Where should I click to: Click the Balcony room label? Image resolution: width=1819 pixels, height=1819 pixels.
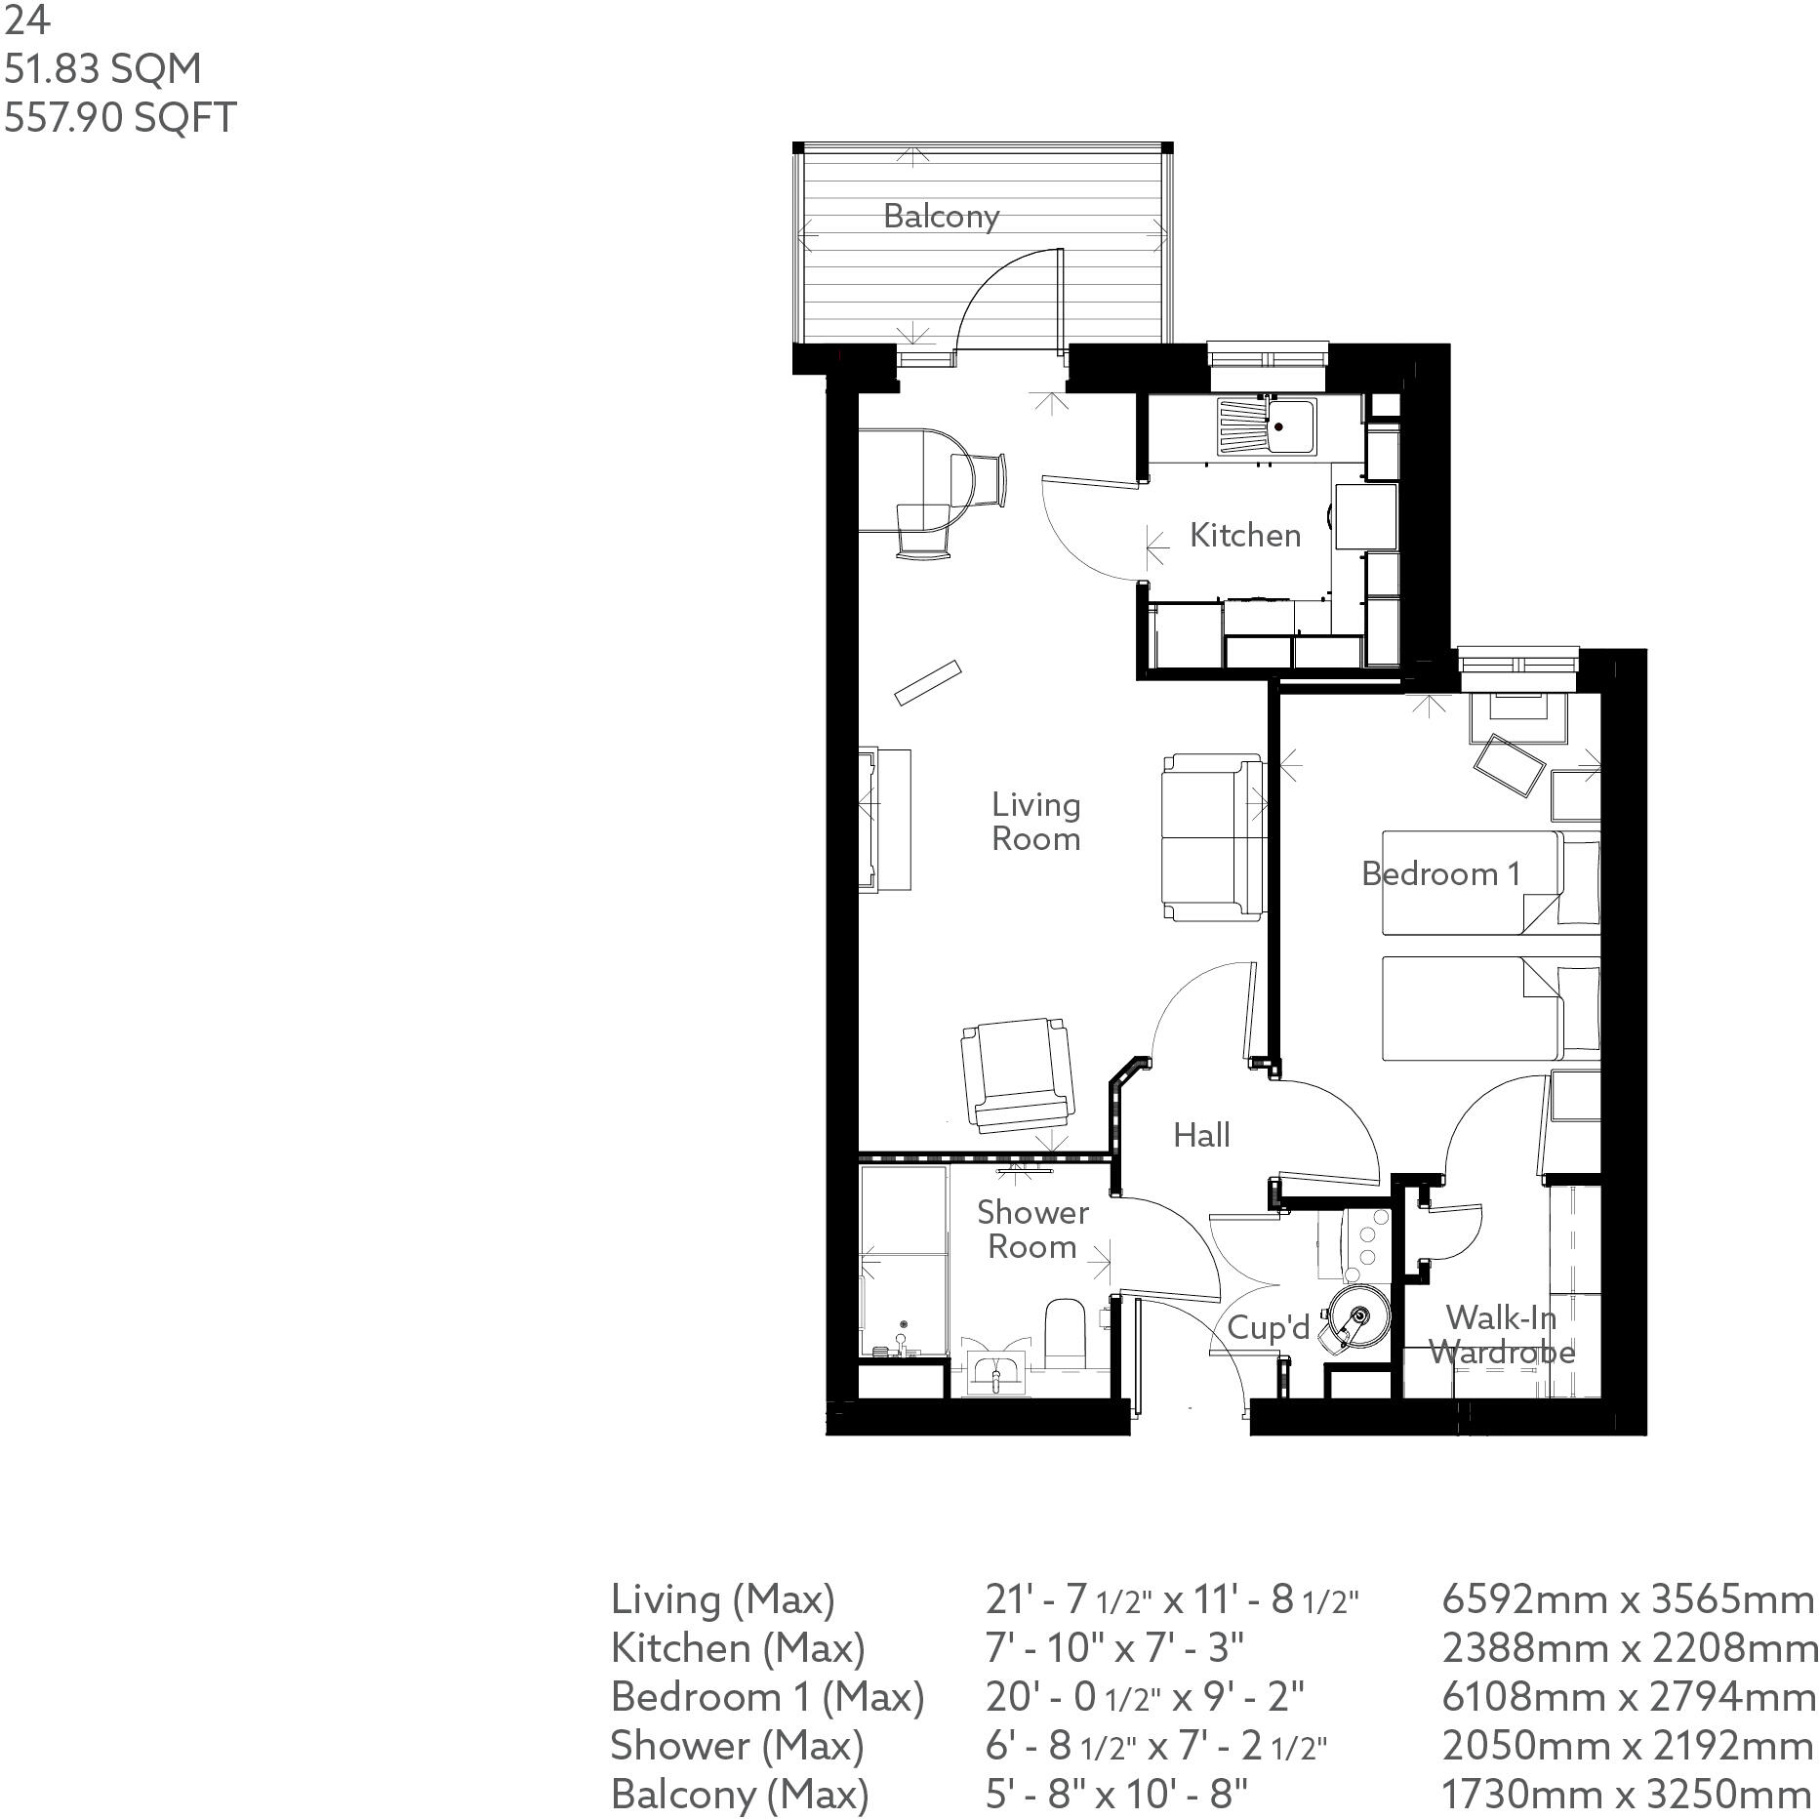pos(941,216)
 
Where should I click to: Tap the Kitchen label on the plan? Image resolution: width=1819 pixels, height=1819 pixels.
pos(1244,535)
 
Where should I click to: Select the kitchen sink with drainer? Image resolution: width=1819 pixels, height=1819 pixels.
pos(1266,426)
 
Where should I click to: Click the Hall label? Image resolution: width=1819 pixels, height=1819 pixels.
pos(1200,1135)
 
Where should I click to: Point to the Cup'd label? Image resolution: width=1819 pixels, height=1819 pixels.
pos(1267,1327)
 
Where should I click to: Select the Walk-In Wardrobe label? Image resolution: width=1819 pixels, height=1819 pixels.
pos(1500,1335)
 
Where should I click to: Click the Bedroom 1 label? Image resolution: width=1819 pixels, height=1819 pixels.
pos(1439,873)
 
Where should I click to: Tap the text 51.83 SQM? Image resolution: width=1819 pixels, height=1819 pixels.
pos(102,68)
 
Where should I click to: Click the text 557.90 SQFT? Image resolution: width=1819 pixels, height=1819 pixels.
pos(120,117)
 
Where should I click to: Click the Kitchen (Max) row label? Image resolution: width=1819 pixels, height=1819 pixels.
pos(738,1647)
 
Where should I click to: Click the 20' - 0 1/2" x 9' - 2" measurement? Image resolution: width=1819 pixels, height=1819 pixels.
pos(1144,1696)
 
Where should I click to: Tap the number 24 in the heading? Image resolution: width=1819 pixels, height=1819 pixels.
pos(26,20)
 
